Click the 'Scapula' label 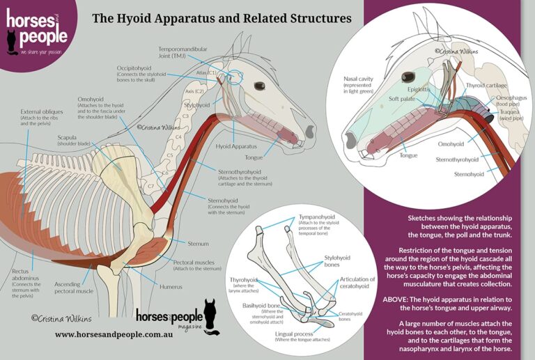71,137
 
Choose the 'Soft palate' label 403,99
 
